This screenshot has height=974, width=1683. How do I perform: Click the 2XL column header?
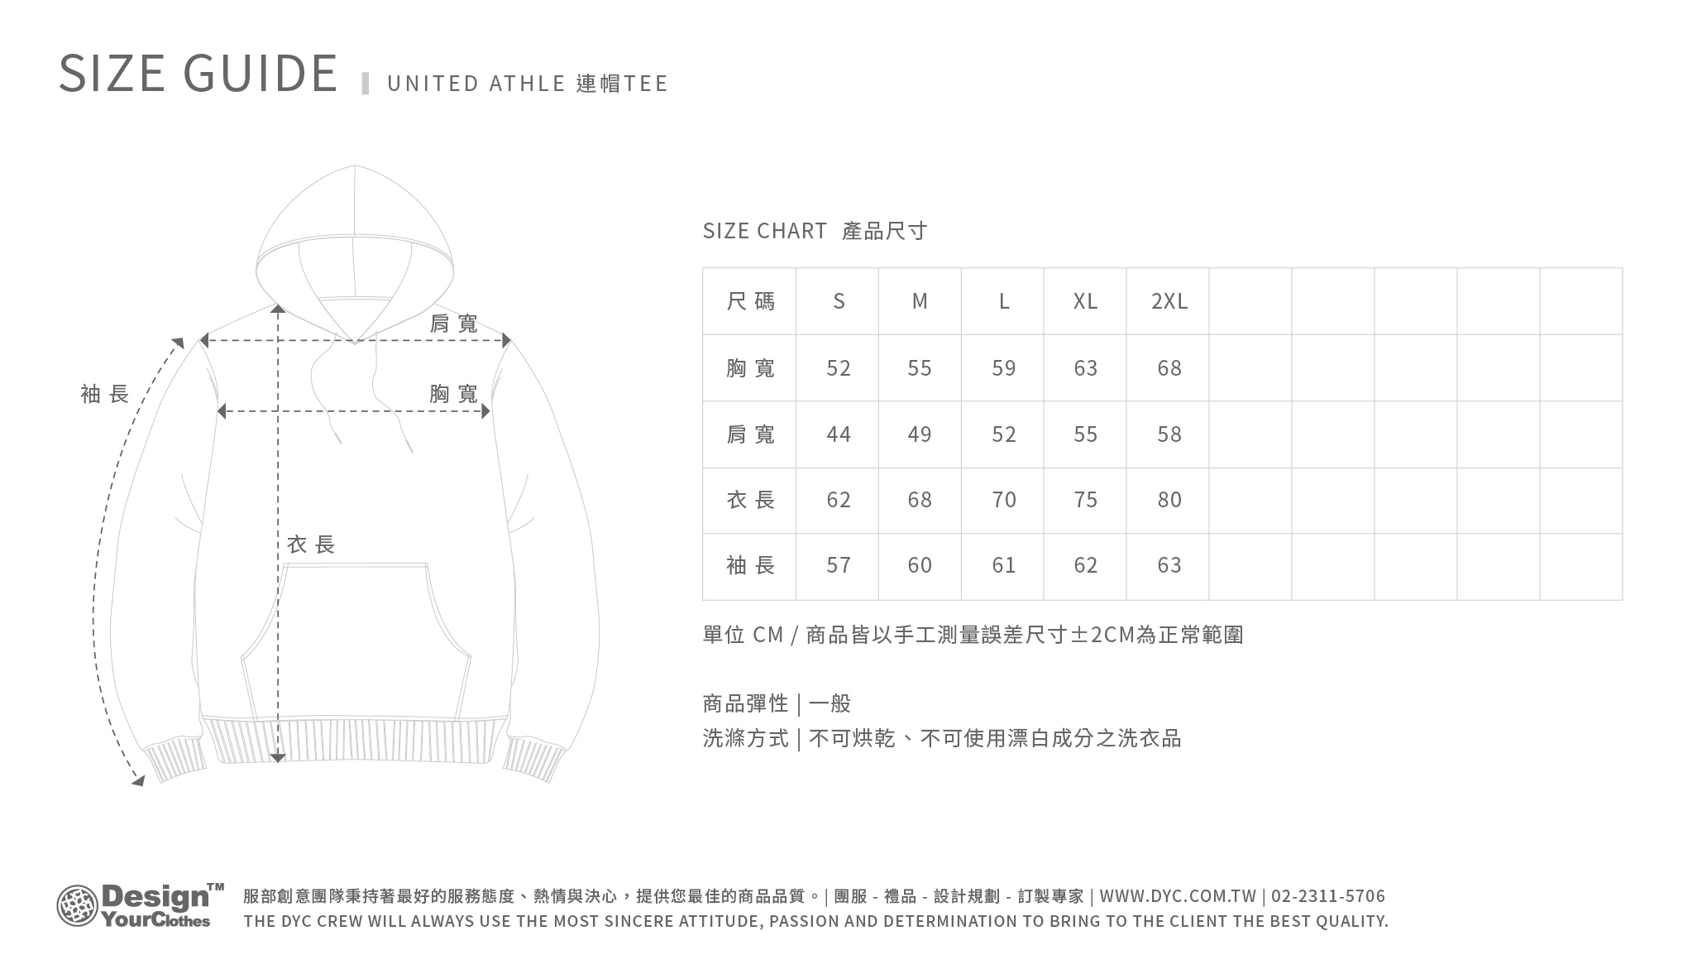click(x=1169, y=301)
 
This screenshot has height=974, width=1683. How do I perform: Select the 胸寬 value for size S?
click(x=838, y=368)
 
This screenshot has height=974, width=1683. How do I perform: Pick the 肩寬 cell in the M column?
click(x=920, y=434)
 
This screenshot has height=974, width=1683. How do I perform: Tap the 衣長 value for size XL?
click(x=1085, y=500)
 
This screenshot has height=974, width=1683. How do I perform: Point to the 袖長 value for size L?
click(x=1003, y=565)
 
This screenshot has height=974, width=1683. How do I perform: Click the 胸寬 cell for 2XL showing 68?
click(x=1169, y=368)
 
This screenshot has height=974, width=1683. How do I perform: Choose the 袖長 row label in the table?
click(x=750, y=565)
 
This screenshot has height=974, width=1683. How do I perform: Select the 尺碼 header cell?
click(x=750, y=301)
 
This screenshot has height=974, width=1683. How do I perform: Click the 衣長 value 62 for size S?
click(x=838, y=500)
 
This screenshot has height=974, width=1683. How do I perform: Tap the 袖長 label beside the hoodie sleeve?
click(x=105, y=394)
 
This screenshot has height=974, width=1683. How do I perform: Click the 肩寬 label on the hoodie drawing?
click(x=453, y=324)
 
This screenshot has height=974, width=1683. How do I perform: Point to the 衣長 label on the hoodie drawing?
click(x=310, y=545)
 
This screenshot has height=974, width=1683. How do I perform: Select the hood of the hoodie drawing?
click(x=355, y=248)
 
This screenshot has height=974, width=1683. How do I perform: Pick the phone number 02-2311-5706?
click(x=1327, y=896)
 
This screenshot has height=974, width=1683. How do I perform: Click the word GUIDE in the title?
click(x=261, y=73)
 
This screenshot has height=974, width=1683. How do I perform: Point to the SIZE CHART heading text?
click(x=764, y=231)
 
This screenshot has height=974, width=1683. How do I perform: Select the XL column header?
click(x=1085, y=301)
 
